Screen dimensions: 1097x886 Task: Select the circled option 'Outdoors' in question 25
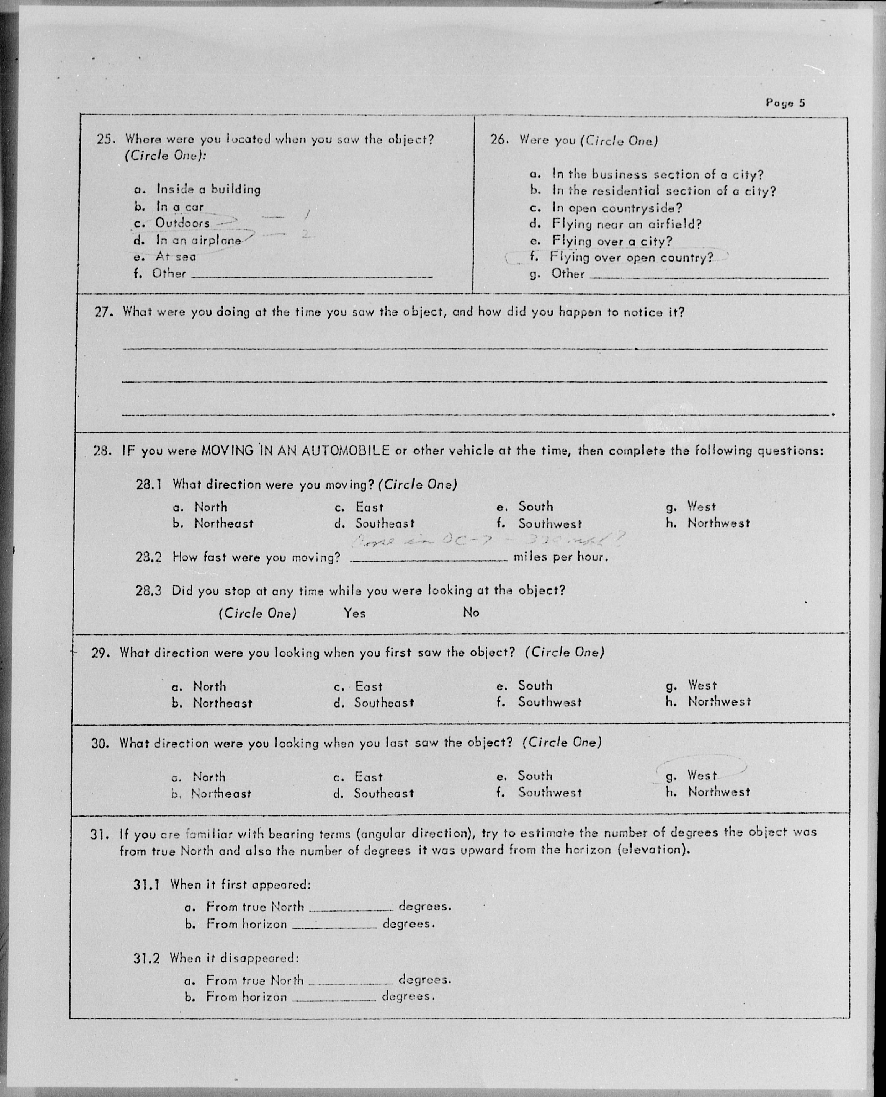click(x=182, y=223)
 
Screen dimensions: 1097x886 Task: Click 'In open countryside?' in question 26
click(x=617, y=208)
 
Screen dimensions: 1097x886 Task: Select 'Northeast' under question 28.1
click(x=223, y=523)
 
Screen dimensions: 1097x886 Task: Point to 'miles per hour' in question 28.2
click(x=560, y=557)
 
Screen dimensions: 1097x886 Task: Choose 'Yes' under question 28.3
click(x=354, y=613)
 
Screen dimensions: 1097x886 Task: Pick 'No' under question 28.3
click(x=471, y=612)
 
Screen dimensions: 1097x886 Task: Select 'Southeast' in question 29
click(x=384, y=703)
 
